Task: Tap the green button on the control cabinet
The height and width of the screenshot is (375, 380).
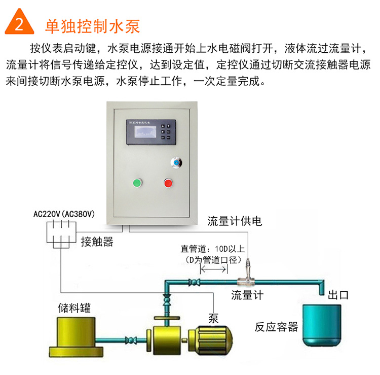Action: click(136, 183)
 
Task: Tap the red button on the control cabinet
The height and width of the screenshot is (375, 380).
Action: click(168, 183)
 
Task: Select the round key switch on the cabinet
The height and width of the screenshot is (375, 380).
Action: click(176, 162)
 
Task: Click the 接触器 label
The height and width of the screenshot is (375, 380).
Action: click(97, 242)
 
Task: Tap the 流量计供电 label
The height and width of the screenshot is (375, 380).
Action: click(234, 221)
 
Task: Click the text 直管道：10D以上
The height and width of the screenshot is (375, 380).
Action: click(213, 249)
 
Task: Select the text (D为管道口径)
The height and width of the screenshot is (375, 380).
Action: click(213, 259)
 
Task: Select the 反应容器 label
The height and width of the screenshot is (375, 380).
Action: click(276, 327)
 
